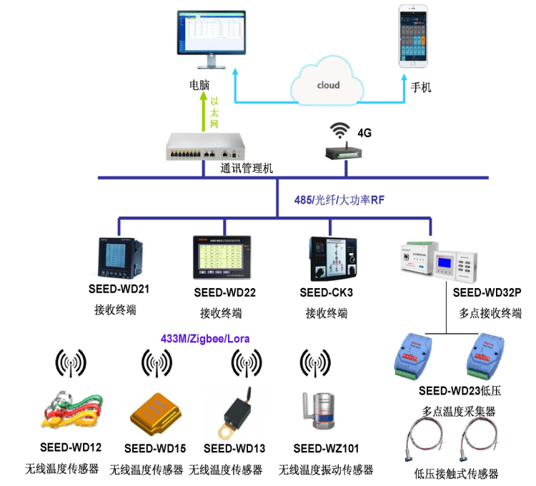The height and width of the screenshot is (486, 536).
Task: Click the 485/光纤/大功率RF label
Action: (339, 200)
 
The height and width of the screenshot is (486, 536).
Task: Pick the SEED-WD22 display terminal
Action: (223, 258)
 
